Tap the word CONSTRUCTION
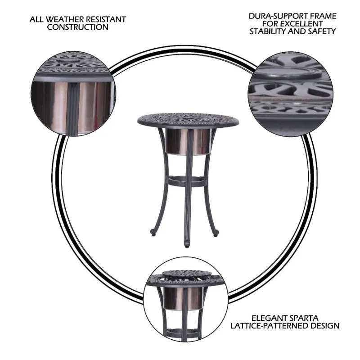click(x=78, y=27)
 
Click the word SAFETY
click(x=322, y=31)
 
